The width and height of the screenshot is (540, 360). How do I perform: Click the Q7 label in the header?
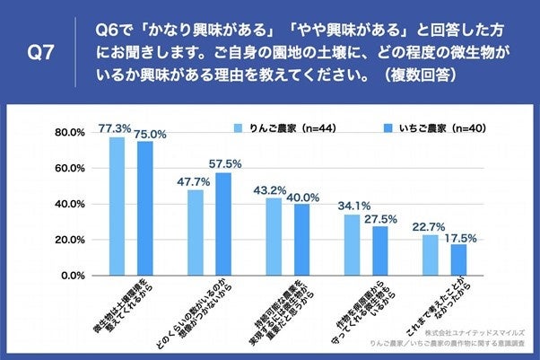click(42, 53)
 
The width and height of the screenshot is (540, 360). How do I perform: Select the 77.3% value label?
click(113, 129)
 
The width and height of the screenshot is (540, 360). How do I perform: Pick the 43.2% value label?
click(271, 190)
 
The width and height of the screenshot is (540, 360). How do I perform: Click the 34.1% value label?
click(350, 206)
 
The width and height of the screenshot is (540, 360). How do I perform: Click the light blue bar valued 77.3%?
click(117, 206)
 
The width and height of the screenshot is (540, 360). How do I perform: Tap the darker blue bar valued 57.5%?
click(223, 224)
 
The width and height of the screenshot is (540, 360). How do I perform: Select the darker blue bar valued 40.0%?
click(302, 240)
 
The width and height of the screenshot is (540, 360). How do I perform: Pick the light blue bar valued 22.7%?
click(431, 256)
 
